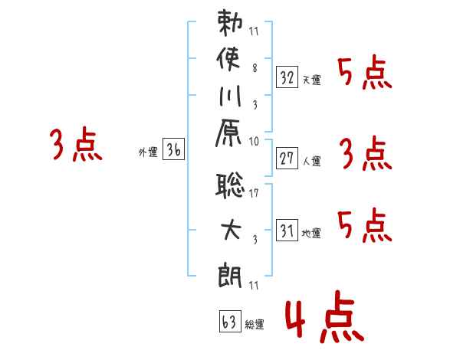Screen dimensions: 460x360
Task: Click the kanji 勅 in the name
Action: (230, 22)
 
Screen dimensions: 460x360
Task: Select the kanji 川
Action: (230, 96)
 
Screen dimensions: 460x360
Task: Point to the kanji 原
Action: (228, 133)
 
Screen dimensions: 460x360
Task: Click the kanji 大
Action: (231, 230)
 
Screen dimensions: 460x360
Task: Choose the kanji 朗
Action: (230, 276)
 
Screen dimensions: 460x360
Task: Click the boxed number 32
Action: (287, 77)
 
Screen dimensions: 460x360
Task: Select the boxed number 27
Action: (287, 159)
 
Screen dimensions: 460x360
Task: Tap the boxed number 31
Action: (287, 230)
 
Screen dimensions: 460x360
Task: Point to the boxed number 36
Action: (173, 149)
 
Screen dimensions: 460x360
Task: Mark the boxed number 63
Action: (230, 321)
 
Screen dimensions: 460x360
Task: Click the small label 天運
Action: (312, 80)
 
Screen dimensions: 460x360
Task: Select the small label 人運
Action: (312, 161)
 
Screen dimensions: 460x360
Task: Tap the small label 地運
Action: (311, 233)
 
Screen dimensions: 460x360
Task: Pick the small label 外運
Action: (148, 152)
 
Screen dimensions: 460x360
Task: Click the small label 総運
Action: (255, 324)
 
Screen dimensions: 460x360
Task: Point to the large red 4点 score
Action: (325, 316)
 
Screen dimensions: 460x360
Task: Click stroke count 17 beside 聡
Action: (254, 193)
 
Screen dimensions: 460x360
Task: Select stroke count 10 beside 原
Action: (254, 142)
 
